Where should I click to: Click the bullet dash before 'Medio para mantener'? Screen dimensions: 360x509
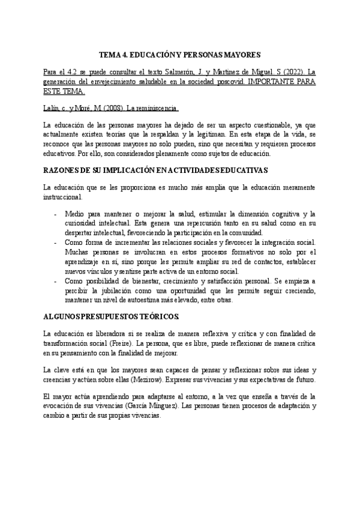pos(56,213)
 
